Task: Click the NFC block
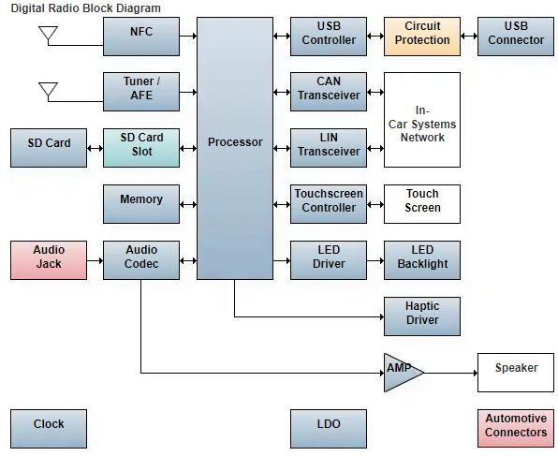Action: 141,37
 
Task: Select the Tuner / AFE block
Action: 141,92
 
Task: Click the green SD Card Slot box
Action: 141,148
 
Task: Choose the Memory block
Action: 141,204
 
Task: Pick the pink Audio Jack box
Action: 49,260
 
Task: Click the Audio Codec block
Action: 141,260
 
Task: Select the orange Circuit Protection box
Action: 422,37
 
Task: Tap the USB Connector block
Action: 516,37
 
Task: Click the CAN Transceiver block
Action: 329,92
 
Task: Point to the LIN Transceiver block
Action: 329,148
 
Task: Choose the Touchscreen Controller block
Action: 329,204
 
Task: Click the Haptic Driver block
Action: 422,316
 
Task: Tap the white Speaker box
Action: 516,373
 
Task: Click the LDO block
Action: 329,429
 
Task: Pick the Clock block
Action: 49,429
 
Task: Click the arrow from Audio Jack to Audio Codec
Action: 95,261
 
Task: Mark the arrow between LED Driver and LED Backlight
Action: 375,261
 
